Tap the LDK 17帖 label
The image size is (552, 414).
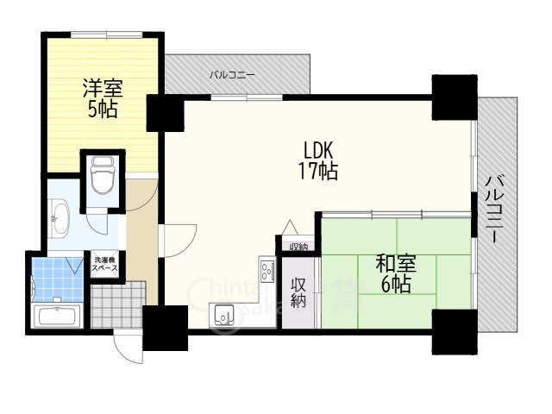coord(317,159)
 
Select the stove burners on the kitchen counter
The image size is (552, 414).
coord(265,267)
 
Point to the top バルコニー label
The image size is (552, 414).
coord(232,75)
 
